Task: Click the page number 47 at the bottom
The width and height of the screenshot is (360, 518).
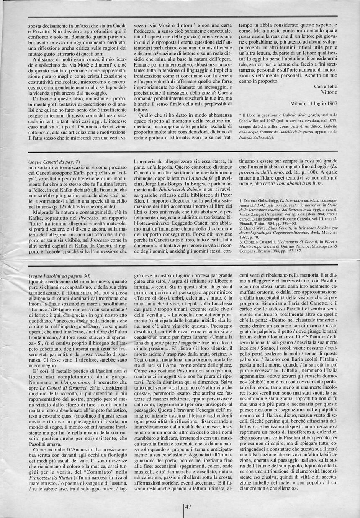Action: [188, 507]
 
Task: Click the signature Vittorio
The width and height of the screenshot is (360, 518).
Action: [328, 91]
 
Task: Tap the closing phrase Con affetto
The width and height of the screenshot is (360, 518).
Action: [324, 86]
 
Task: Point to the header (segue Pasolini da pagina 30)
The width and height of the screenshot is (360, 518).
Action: [59, 276]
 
